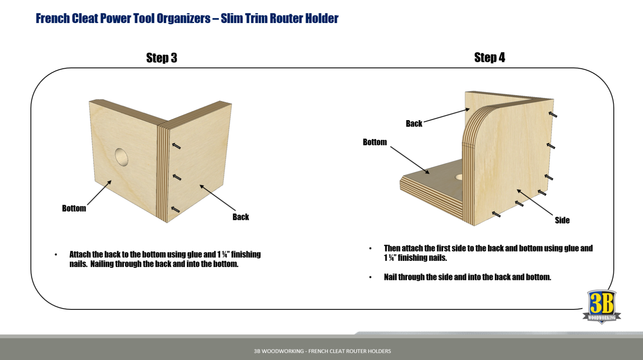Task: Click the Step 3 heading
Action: click(x=162, y=58)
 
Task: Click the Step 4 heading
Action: click(x=489, y=57)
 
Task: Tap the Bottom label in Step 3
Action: click(x=74, y=208)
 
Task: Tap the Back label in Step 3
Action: click(x=241, y=217)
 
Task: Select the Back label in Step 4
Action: click(x=414, y=123)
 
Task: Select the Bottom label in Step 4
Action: click(x=375, y=142)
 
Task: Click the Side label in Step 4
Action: click(x=562, y=220)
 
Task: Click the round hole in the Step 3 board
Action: click(x=122, y=157)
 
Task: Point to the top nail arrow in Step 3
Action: click(x=177, y=146)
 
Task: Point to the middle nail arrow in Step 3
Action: click(x=177, y=177)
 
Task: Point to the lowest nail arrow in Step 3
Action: click(x=175, y=209)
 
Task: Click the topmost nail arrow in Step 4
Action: click(x=553, y=114)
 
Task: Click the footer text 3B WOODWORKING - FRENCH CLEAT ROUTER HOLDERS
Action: click(x=322, y=351)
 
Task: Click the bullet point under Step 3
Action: click(x=56, y=255)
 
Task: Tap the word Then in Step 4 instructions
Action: click(x=392, y=248)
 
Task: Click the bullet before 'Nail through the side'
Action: click(x=370, y=277)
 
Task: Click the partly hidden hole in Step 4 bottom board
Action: click(x=459, y=177)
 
